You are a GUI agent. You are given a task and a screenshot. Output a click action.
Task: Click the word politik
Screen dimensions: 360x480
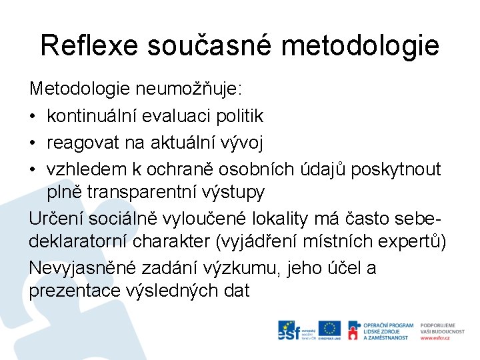pos(240,116)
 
